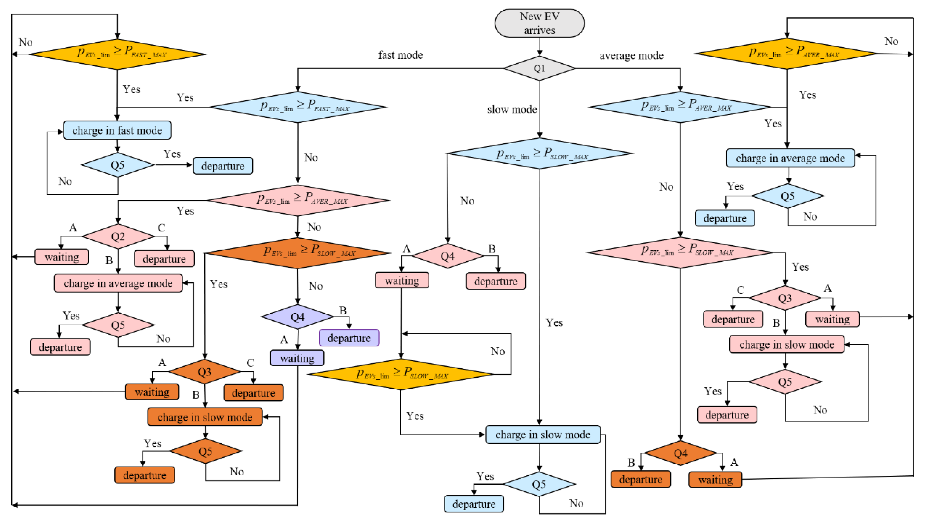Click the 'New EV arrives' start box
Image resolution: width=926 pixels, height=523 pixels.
[539, 23]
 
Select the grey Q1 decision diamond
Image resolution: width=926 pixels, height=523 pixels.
[539, 68]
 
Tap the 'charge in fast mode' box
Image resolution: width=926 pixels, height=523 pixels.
[117, 130]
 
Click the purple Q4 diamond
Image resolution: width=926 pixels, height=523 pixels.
[298, 317]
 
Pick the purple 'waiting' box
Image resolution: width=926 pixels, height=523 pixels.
[297, 358]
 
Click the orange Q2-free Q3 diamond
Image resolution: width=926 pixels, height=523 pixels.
[205, 372]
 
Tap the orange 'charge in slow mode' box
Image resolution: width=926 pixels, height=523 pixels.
[205, 417]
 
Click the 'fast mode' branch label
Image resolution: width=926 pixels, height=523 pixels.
[400, 55]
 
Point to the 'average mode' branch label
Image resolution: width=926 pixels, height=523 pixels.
[631, 55]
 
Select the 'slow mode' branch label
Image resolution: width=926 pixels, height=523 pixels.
[512, 109]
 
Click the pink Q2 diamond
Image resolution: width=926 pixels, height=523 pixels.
[118, 236]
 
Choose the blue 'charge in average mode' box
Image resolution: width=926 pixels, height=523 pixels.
[790, 158]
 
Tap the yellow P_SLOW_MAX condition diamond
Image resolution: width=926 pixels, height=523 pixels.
[401, 374]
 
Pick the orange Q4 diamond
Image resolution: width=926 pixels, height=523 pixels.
[680, 453]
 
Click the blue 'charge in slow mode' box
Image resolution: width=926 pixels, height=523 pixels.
[543, 435]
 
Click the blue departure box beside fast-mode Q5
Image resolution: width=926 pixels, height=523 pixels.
[223, 166]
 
